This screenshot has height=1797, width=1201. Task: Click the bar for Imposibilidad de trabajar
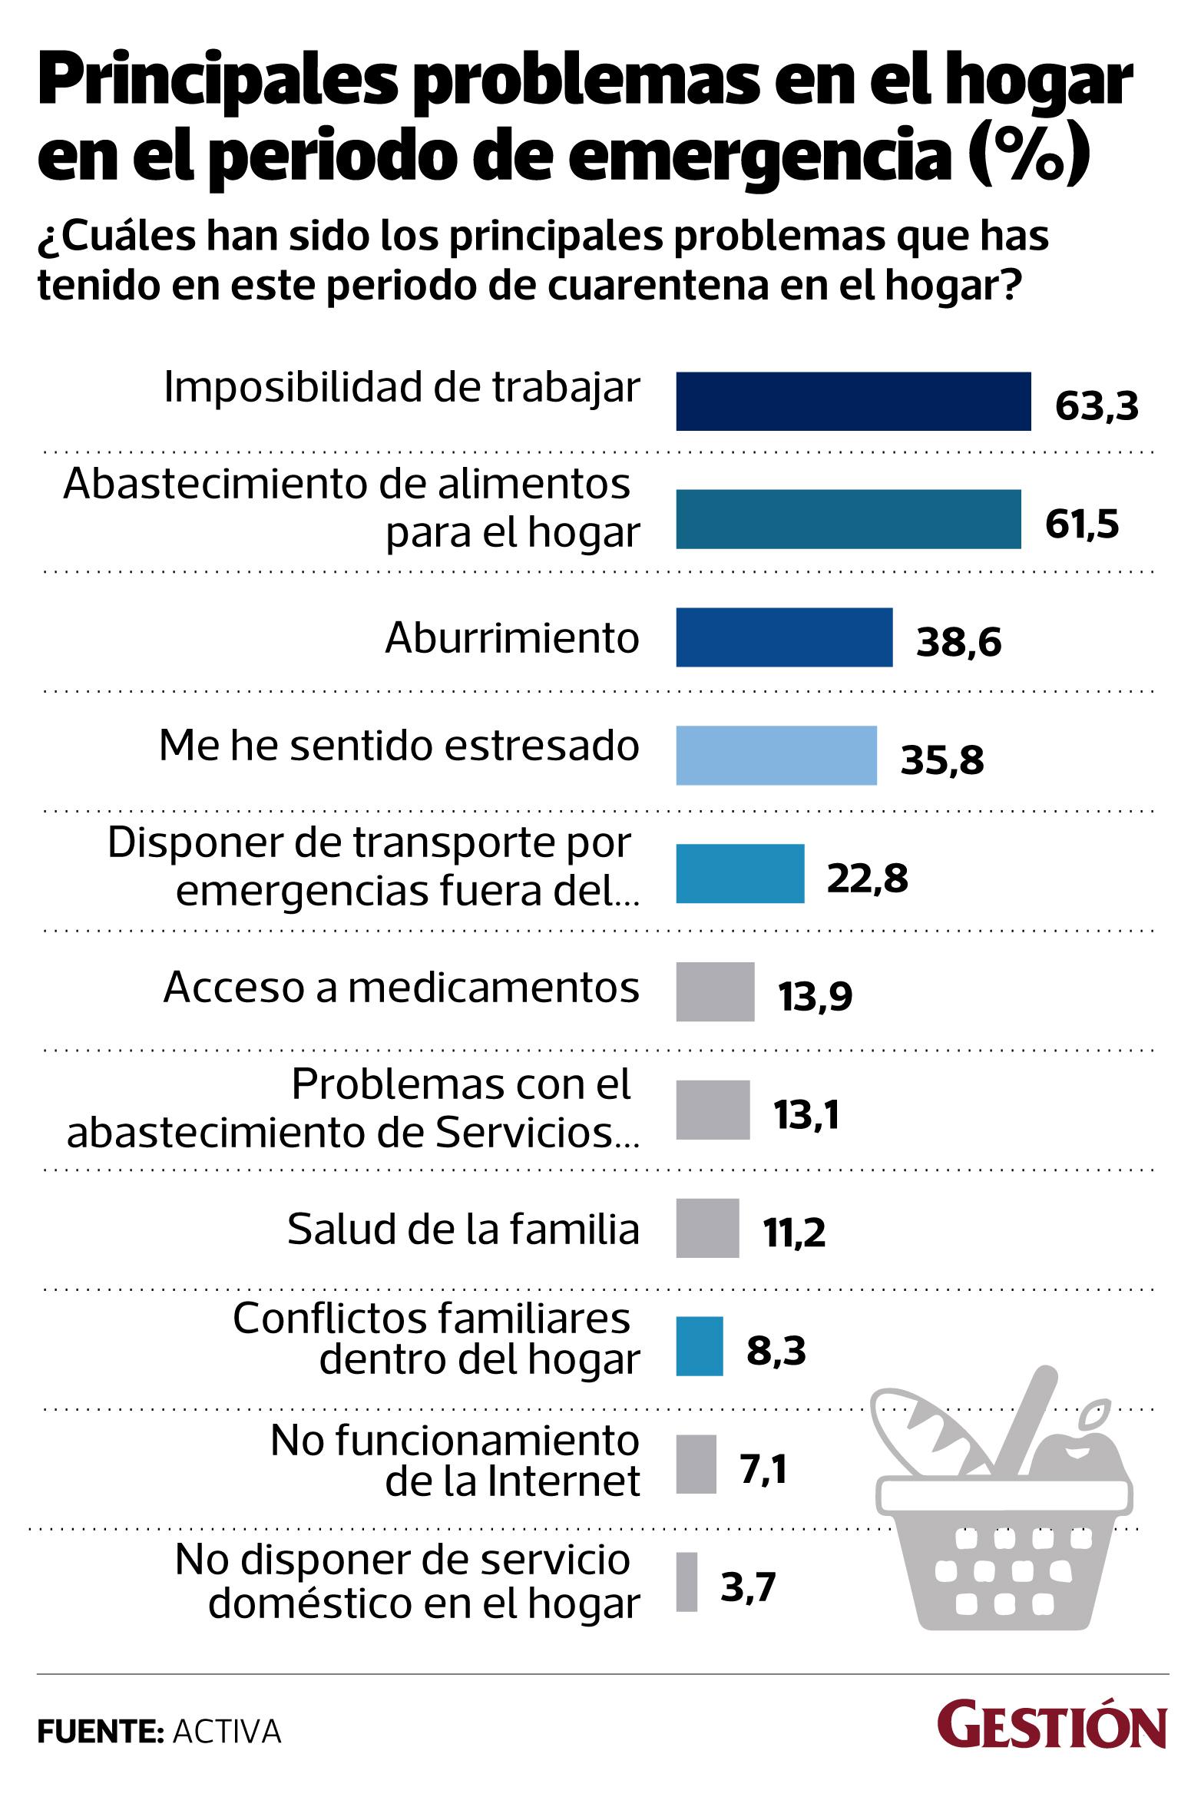[x=853, y=402]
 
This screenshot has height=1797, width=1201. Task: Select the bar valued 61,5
[x=849, y=520]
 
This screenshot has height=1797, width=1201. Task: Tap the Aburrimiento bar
[x=784, y=637]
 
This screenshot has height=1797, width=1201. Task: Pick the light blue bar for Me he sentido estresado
[x=776, y=756]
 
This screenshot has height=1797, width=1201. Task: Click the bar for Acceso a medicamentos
[x=715, y=992]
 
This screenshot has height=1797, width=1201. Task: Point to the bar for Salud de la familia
[x=707, y=1229]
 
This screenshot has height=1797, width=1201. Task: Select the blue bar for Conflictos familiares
[x=700, y=1347]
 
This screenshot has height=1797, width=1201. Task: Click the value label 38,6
[x=959, y=643]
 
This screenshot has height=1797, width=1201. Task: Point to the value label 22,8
[x=868, y=879]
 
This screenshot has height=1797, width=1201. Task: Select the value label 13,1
[x=806, y=1115]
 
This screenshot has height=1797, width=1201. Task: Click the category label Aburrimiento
[x=512, y=638]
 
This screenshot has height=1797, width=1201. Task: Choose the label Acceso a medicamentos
[x=401, y=988]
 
